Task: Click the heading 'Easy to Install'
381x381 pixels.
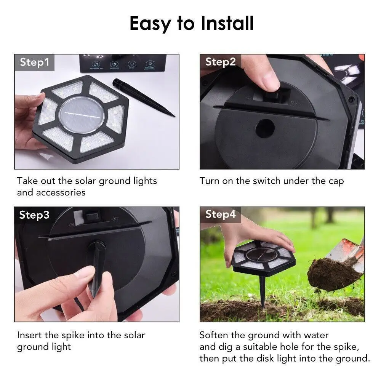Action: click(x=191, y=24)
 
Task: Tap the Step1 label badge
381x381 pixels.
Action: click(x=34, y=62)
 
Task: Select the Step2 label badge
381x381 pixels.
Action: click(x=220, y=62)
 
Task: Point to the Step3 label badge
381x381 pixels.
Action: click(x=34, y=215)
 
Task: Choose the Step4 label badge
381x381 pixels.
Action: click(x=220, y=215)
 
